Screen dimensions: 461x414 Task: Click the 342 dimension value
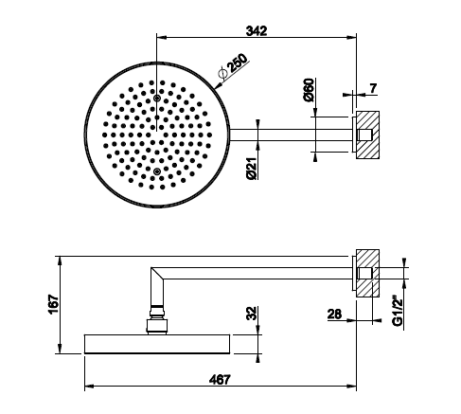click(257, 30)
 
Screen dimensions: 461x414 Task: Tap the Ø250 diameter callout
click(234, 66)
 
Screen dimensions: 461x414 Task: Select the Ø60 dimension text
click(310, 90)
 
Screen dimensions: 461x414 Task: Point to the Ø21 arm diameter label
click(252, 169)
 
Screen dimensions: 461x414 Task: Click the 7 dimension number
click(373, 88)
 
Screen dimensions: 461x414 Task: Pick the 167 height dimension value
click(54, 304)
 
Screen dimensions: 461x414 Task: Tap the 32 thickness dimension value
click(252, 314)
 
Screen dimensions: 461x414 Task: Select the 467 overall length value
click(220, 380)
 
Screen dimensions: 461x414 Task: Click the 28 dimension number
click(334, 315)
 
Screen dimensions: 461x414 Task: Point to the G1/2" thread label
click(398, 311)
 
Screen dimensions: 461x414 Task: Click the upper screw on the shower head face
click(156, 99)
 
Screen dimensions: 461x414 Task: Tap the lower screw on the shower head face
click(156, 171)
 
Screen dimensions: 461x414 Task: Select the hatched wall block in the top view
click(367, 135)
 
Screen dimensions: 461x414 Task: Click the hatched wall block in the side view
click(367, 273)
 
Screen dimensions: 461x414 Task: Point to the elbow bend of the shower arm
click(157, 274)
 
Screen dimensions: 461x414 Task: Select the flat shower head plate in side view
click(157, 344)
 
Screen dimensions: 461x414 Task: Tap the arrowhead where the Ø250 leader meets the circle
click(218, 85)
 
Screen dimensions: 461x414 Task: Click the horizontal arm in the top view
click(292, 135)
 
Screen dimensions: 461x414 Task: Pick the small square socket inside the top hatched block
click(365, 135)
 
